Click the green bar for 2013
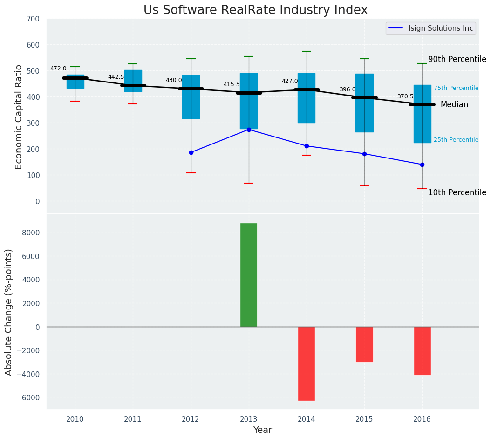(x=248, y=275)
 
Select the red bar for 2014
(x=307, y=364)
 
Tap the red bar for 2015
(x=364, y=344)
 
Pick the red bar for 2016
(x=422, y=350)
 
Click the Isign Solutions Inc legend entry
(x=440, y=28)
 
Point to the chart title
(x=255, y=10)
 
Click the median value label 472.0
(x=58, y=69)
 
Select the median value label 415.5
(x=232, y=85)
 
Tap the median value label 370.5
(x=405, y=97)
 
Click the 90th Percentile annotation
(x=457, y=60)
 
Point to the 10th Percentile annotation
(x=457, y=193)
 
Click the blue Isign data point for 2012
(x=191, y=152)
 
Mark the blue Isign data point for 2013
(x=249, y=130)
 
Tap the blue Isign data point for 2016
(x=422, y=165)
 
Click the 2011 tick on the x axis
(x=133, y=419)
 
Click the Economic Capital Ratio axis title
(x=19, y=117)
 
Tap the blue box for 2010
(x=75, y=82)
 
